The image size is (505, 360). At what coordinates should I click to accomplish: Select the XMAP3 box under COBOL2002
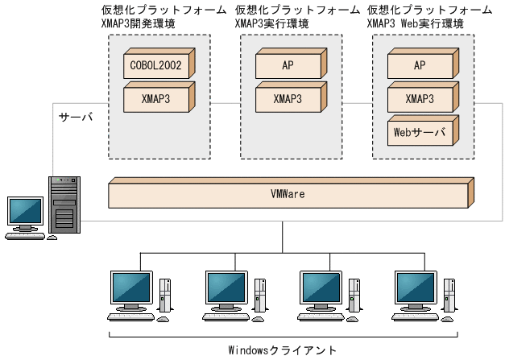157,100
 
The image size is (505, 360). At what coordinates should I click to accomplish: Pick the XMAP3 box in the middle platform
288,100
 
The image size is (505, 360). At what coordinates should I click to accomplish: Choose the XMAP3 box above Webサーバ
419,100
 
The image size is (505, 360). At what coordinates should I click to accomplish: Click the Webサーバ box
419,132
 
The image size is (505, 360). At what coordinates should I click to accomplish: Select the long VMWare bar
288,195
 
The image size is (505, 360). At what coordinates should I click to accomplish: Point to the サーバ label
77,118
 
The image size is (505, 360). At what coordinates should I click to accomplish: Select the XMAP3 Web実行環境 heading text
415,24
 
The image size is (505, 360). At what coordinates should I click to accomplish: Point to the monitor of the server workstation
25,212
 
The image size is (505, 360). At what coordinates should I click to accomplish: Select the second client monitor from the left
225,288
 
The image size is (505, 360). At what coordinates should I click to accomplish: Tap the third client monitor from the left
320,288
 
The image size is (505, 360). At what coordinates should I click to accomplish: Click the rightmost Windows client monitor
414,288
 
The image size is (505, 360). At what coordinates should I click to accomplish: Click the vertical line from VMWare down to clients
282,235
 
